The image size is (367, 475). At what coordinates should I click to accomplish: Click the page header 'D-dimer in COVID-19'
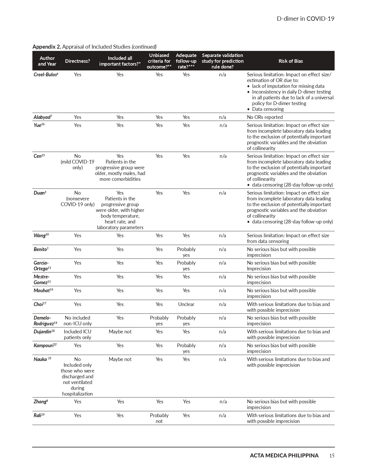[305, 19]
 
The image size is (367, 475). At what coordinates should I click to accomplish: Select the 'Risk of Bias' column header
[290, 61]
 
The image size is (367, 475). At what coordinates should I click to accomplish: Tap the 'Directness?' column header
[77, 61]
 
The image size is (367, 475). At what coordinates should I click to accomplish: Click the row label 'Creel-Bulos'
[46, 75]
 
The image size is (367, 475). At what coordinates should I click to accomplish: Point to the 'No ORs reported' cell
[265, 117]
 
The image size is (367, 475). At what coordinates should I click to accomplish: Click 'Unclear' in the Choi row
[186, 304]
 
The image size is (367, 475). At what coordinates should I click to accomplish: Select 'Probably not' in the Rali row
[159, 418]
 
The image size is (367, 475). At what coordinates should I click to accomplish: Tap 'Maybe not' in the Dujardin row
[120, 332]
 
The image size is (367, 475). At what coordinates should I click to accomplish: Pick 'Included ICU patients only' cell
[77, 335]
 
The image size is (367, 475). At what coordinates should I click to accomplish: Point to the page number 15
[332, 455]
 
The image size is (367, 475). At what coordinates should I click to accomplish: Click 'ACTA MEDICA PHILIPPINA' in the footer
[284, 455]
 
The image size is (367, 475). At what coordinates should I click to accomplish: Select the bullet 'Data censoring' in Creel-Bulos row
[268, 109]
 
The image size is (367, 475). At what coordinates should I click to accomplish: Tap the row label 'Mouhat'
[43, 290]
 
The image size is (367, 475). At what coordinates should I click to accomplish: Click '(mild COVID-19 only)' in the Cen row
[77, 165]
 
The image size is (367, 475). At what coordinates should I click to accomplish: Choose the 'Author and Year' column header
[47, 61]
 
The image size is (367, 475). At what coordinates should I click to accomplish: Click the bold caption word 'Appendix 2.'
[47, 47]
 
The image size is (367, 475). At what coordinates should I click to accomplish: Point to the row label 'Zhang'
[41, 402]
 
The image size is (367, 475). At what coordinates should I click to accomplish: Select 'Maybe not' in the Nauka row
[120, 359]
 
